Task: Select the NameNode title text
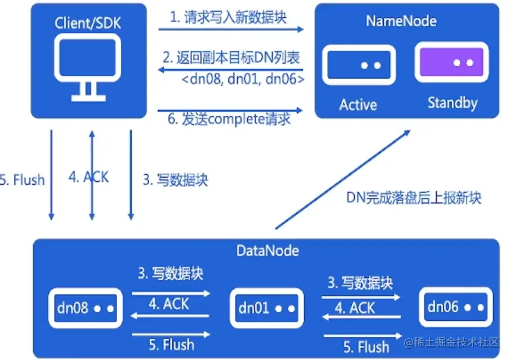coord(401,21)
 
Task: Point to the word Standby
coord(452,103)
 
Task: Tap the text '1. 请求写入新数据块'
coord(228,17)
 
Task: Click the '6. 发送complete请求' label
coord(229,119)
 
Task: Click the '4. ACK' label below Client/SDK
coord(89,177)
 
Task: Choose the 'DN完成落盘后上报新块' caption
coord(414,198)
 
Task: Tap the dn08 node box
coord(84,308)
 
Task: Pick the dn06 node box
coord(454,307)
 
